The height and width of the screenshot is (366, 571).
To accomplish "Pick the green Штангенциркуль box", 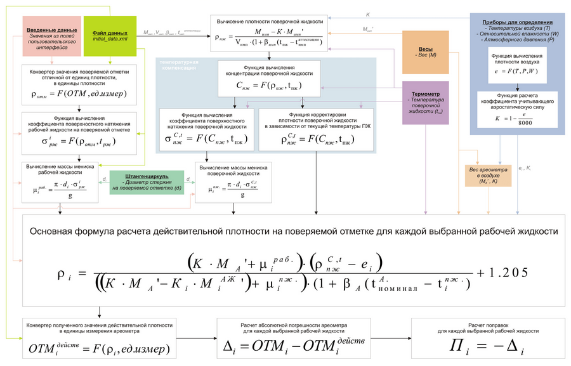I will [147, 181].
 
